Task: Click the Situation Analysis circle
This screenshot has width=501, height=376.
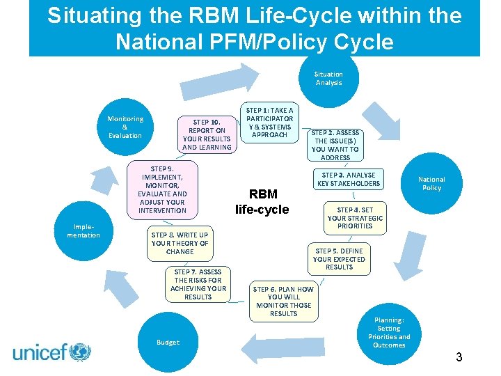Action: coord(328,78)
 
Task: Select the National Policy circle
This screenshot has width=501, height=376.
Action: coord(431,183)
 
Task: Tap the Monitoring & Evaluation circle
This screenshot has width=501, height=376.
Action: coord(125,127)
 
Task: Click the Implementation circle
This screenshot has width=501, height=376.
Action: coord(83,230)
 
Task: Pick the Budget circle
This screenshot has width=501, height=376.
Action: coord(168,342)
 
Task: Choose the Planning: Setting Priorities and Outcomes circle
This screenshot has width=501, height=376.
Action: coord(388,332)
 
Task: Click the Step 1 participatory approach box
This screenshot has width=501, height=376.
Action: coord(270,123)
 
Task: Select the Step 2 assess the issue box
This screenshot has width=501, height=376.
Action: coord(335,145)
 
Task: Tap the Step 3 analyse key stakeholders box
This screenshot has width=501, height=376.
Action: coord(349,180)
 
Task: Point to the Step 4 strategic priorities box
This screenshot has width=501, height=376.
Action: coord(355,218)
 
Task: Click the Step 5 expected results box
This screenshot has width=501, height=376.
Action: coord(339,259)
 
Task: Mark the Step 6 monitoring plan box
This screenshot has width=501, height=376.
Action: coord(283,301)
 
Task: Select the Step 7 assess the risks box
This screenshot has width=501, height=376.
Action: coord(198,284)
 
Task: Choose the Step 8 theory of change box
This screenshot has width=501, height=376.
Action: coord(180,243)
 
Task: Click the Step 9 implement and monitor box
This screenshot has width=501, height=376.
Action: coord(162,189)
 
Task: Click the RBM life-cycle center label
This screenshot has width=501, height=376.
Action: coord(262,202)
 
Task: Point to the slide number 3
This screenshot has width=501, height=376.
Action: coord(459,357)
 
